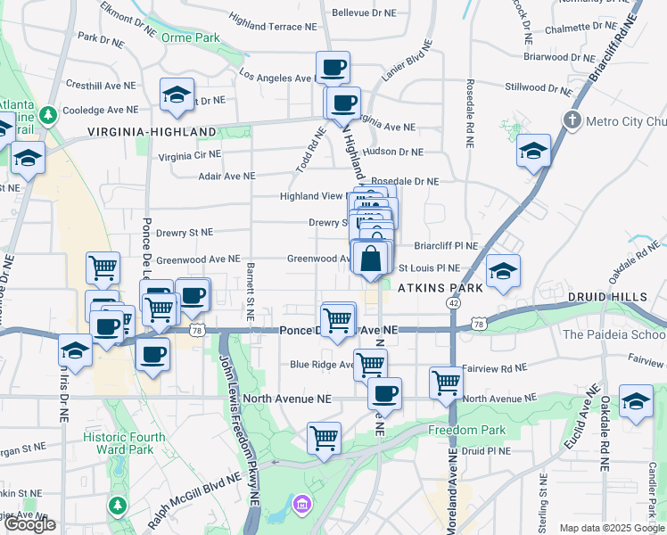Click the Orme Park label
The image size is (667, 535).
190,37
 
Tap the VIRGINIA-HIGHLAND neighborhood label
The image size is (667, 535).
152,132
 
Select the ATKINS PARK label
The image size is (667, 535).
440,288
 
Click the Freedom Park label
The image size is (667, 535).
466,430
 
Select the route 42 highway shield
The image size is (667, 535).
454,303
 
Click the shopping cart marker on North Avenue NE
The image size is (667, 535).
446,383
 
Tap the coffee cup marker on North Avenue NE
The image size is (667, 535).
384,392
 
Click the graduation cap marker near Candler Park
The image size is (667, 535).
637,401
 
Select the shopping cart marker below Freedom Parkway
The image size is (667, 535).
324,438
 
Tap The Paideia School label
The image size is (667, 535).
614,334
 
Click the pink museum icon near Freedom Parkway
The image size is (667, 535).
301,506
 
